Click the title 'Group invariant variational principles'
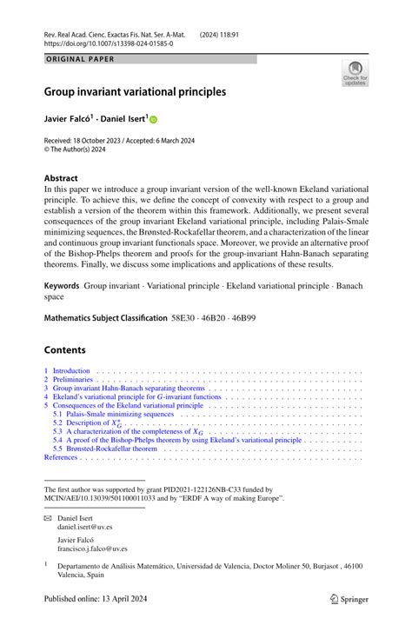[135, 90]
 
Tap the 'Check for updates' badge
[355, 73]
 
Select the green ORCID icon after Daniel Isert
[153, 119]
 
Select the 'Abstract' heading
[61, 177]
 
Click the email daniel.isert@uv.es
[84, 527]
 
